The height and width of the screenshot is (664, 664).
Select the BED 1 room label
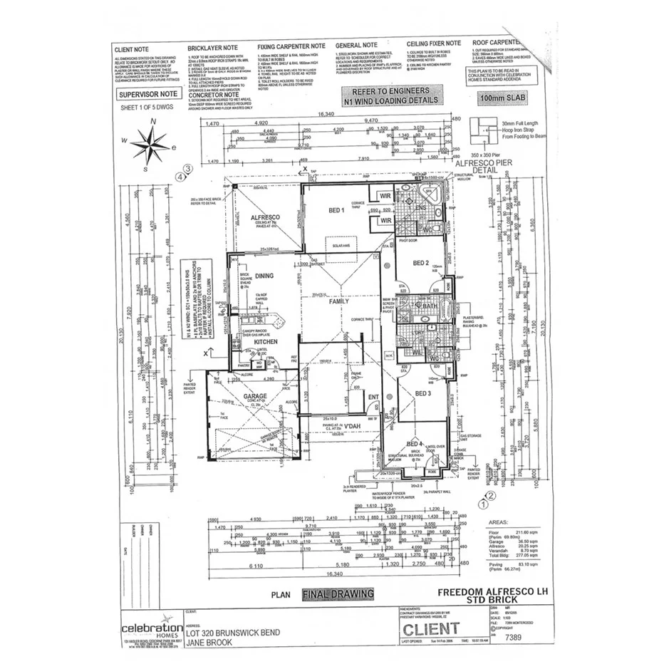click(336, 210)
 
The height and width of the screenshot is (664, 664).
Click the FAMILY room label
click(338, 302)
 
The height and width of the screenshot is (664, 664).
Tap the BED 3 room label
click(423, 393)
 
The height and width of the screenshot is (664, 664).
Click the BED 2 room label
click(420, 263)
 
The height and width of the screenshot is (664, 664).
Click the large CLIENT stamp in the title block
click(431, 628)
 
